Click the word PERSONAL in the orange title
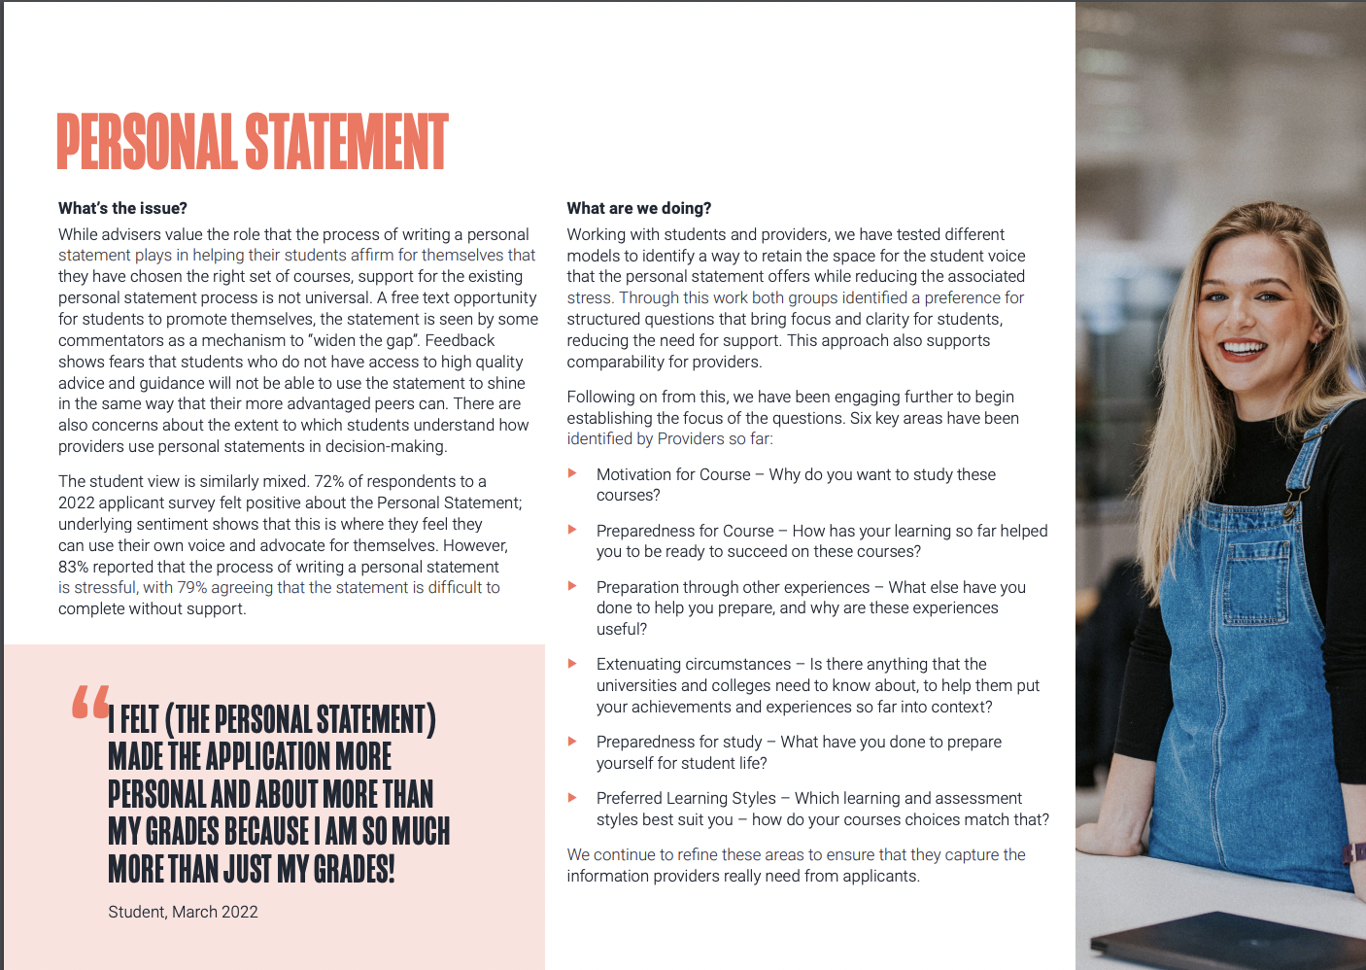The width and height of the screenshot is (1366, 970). point(146,142)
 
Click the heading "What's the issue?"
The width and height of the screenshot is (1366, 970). point(122,208)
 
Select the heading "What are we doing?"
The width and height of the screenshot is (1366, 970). point(639,208)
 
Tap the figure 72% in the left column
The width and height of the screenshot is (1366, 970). point(328,481)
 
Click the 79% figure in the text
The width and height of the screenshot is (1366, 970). point(191,587)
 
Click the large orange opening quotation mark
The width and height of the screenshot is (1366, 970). point(90,702)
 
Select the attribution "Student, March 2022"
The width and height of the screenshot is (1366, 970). point(183,912)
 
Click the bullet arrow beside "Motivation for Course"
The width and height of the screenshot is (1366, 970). point(573,473)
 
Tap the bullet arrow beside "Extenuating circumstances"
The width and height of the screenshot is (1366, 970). point(573,663)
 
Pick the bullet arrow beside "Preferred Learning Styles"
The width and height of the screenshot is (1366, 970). point(573,797)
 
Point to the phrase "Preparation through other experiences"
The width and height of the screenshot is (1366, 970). point(733,587)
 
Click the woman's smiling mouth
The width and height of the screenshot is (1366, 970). point(1245,347)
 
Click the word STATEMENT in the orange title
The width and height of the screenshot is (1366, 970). point(346,142)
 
